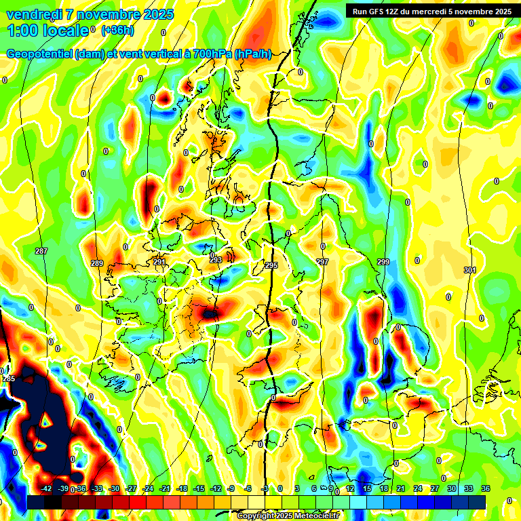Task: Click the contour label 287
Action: click(x=41, y=252)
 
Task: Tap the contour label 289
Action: click(x=96, y=264)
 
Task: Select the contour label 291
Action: click(x=159, y=262)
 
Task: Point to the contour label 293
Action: click(x=216, y=260)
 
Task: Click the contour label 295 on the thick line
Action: click(x=271, y=265)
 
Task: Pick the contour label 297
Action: click(x=322, y=262)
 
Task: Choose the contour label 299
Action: click(x=383, y=262)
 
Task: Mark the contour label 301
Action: click(x=469, y=270)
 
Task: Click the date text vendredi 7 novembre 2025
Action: click(x=90, y=14)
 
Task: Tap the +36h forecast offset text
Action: click(x=118, y=31)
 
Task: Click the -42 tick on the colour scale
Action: click(x=46, y=488)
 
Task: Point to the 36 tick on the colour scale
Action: click(x=486, y=488)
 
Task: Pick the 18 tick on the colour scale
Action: click(x=383, y=488)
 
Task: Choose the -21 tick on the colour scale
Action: click(x=165, y=488)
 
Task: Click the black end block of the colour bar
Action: click(x=36, y=501)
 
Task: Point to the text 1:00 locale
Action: click(x=47, y=31)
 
